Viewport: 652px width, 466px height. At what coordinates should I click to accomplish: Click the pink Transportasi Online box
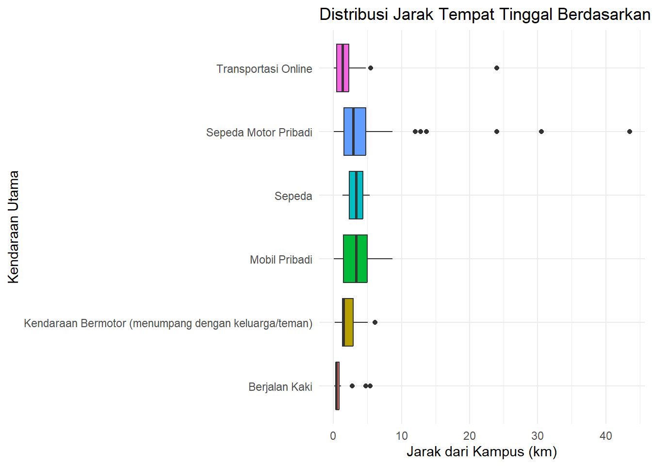[x=342, y=68]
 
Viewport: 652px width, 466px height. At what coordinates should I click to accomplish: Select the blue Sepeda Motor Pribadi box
[x=355, y=132]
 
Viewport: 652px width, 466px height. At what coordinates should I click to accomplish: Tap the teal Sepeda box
[x=356, y=195]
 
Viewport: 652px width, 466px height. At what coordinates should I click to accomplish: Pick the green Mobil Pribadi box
[x=355, y=259]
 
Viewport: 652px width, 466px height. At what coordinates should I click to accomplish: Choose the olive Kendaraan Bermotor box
[x=348, y=322]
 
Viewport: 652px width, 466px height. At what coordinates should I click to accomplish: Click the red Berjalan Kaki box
[x=337, y=386]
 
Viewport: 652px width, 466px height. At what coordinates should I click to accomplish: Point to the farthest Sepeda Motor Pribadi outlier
[x=630, y=132]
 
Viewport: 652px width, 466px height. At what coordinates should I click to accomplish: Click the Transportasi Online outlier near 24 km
[x=497, y=68]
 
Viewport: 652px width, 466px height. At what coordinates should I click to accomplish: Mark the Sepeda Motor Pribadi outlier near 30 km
[x=541, y=132]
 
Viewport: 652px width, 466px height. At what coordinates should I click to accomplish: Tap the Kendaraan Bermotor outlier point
[x=375, y=322]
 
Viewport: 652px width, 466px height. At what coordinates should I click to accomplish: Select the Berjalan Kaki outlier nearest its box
[x=352, y=386]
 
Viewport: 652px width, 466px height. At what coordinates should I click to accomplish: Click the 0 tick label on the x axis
[x=333, y=436]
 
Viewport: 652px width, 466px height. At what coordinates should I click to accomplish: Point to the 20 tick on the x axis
[x=470, y=436]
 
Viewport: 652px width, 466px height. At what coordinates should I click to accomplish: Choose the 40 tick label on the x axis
[x=606, y=436]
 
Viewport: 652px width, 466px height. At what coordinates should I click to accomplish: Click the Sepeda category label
[x=293, y=196]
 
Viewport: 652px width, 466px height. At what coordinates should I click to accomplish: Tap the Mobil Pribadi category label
[x=281, y=260]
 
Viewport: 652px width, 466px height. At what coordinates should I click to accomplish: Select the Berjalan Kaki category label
[x=280, y=387]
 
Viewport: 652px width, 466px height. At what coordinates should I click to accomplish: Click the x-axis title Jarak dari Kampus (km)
[x=482, y=452]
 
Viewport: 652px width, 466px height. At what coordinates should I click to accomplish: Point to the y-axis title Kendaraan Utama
[x=14, y=227]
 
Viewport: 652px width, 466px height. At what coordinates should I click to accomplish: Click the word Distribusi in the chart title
[x=354, y=15]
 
